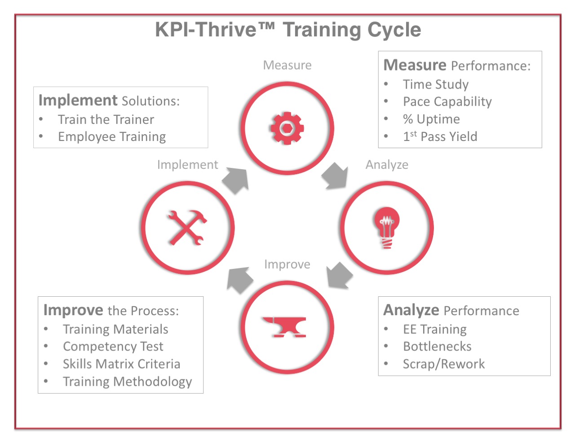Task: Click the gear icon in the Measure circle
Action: (287, 128)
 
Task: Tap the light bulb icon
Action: (387, 228)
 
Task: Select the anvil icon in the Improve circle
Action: (284, 327)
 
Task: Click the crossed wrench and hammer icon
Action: (187, 228)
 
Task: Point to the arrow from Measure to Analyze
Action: (335, 176)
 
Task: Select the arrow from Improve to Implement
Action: (240, 280)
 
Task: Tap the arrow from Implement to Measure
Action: (236, 180)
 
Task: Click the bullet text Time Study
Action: (436, 84)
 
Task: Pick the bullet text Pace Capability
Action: (447, 102)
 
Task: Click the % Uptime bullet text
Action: (431, 119)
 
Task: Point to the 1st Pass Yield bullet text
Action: (440, 136)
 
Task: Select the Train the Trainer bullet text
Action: (106, 119)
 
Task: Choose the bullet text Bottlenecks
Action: (437, 347)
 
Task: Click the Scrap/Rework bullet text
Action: (444, 364)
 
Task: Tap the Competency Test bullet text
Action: (113, 347)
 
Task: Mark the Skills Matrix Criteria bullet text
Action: (122, 364)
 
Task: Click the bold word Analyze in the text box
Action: (411, 311)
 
